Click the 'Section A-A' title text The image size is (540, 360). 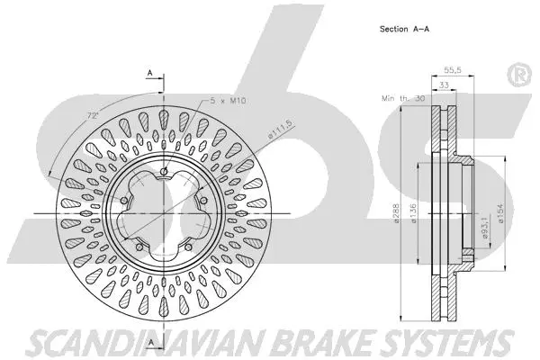coord(404,29)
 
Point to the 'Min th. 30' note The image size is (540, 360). coord(402,97)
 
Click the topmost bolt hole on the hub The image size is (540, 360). coord(166,174)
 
